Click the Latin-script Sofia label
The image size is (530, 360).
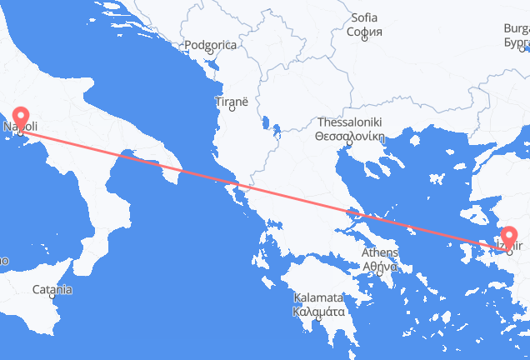point(364,17)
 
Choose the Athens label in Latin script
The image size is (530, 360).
point(379,254)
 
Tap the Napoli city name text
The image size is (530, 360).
point(20,127)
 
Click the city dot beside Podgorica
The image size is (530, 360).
point(211,55)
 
